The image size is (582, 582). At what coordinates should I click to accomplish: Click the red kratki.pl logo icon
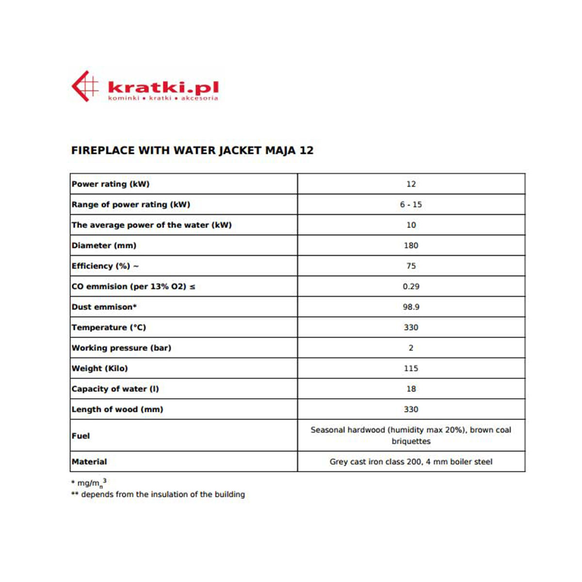pyautogui.click(x=84, y=86)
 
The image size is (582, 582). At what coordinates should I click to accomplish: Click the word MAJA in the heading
pyautogui.click(x=280, y=150)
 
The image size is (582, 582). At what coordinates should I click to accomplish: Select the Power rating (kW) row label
pyautogui.click(x=111, y=184)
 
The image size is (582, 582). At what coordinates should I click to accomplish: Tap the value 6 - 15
pyautogui.click(x=411, y=205)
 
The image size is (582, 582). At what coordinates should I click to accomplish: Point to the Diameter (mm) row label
pyautogui.click(x=104, y=245)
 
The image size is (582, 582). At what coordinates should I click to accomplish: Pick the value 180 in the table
pyautogui.click(x=411, y=245)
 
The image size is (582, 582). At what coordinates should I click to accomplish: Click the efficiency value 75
pyautogui.click(x=411, y=266)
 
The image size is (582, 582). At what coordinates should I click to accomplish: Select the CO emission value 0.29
pyautogui.click(x=411, y=287)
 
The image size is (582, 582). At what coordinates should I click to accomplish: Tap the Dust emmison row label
pyautogui.click(x=104, y=307)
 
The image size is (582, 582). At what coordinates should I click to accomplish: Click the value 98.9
pyautogui.click(x=411, y=307)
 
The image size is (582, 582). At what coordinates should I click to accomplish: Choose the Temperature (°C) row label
pyautogui.click(x=109, y=327)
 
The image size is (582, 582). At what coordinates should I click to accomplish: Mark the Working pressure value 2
pyautogui.click(x=411, y=348)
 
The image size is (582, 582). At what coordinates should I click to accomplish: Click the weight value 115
pyautogui.click(x=411, y=369)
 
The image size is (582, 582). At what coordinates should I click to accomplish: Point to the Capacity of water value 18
pyautogui.click(x=411, y=389)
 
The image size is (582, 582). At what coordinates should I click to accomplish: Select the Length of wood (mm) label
pyautogui.click(x=117, y=409)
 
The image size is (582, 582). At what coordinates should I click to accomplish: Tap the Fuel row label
pyautogui.click(x=81, y=436)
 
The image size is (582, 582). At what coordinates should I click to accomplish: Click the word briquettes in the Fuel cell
pyautogui.click(x=411, y=441)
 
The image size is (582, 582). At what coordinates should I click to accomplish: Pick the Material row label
pyautogui.click(x=89, y=462)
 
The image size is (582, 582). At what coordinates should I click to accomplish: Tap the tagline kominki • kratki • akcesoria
pyautogui.click(x=163, y=98)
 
